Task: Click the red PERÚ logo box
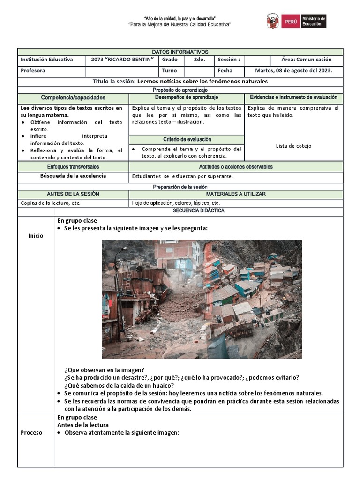pos(291,21)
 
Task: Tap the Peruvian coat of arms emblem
pos(273,21)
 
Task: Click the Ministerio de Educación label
pos(313,21)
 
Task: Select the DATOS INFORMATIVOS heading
pos(180,52)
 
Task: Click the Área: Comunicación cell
pos(306,60)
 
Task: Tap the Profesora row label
pos(33,71)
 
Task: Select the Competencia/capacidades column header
pos(73,98)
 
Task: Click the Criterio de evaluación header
pos(187,140)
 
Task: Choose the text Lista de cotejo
pos(293,146)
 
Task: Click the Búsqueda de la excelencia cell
pos(73,176)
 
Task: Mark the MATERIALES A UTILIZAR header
pos(236,194)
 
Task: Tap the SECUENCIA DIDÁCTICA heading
pos(199,211)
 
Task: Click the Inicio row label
pos(36,236)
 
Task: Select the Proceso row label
pos(31,433)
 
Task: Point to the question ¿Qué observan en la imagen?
pos(104,370)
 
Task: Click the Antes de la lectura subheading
pos(83,425)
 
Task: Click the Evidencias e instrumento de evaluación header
pos(293,97)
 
